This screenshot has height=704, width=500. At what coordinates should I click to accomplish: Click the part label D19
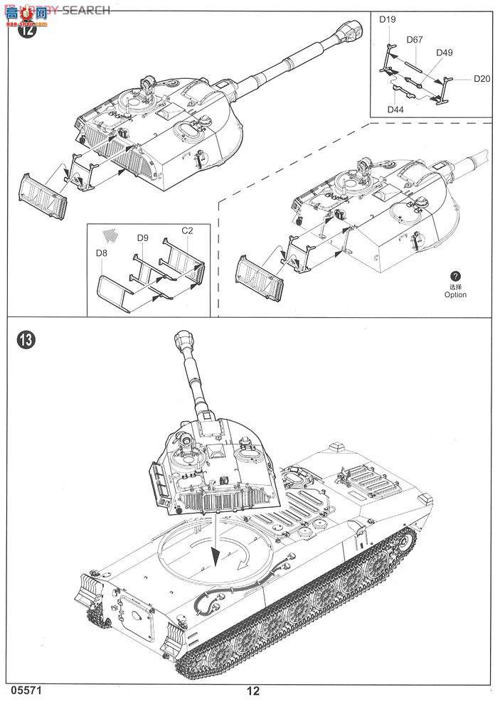coord(387,20)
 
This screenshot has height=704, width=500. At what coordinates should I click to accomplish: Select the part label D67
coord(415,40)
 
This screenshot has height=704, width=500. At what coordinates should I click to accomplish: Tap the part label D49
coord(445,53)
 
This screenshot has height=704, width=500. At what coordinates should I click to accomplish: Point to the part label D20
coord(482,79)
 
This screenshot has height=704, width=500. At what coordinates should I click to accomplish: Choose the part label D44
coord(395,109)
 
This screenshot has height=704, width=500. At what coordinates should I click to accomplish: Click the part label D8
coord(102,252)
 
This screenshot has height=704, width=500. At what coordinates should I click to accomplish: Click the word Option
coord(456,294)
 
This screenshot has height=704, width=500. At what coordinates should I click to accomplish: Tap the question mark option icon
coord(456,276)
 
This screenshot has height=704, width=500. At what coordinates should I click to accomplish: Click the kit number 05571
coord(24,690)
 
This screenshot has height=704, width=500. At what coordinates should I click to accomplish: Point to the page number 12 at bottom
coord(253,690)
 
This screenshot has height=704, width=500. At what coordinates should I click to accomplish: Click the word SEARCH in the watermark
coord(86,10)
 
